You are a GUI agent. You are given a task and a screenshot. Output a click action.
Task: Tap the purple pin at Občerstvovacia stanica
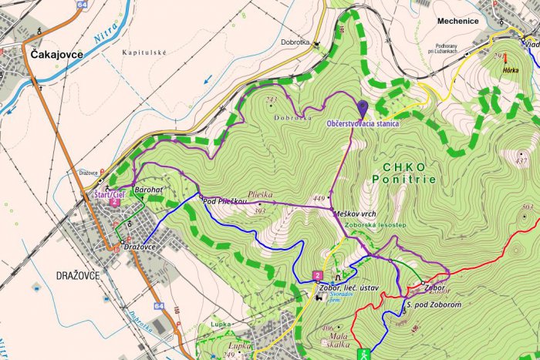363,109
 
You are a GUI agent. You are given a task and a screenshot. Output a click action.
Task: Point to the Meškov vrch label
356,213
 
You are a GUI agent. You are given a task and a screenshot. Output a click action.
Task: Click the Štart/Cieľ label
109,195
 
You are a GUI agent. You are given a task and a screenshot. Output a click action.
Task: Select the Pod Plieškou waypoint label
224,201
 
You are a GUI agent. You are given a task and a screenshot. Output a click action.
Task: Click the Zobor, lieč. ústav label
348,288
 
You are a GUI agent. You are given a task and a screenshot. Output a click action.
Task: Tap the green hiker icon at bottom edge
365,354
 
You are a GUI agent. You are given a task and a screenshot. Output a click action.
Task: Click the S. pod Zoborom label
433,305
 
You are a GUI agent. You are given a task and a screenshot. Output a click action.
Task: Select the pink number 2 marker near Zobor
317,275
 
